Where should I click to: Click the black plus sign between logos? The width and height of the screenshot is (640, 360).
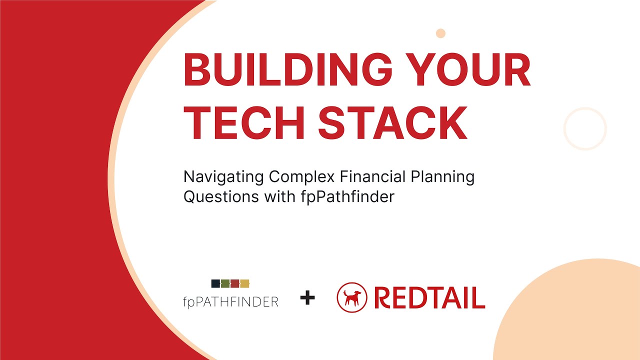coord(307,298)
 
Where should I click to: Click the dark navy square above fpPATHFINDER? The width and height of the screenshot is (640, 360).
coord(215,283)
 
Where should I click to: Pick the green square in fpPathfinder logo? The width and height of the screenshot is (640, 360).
coord(225,283)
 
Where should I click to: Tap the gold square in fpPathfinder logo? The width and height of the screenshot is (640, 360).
coord(244,283)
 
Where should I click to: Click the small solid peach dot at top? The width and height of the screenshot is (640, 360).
coord(440,33)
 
